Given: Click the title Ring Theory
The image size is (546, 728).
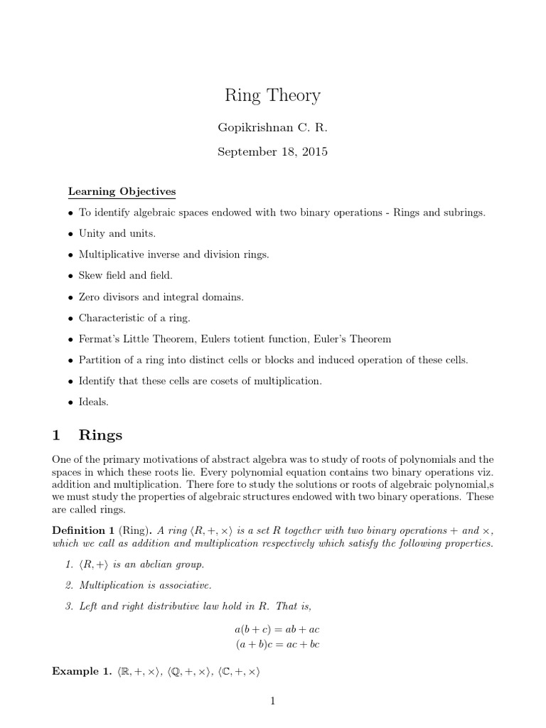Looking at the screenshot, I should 273,95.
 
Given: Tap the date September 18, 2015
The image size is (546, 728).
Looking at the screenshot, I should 273,152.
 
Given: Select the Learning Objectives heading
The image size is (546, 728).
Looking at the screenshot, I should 122,192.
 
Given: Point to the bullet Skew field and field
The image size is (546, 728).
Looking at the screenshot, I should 126,274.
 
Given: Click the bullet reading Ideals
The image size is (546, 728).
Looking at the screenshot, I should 93,402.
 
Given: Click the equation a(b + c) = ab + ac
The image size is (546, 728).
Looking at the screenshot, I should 272,630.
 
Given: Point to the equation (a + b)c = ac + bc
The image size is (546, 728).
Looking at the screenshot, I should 272,644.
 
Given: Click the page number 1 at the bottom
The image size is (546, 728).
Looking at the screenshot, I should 272,702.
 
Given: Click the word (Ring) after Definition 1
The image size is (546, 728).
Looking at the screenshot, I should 134,530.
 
